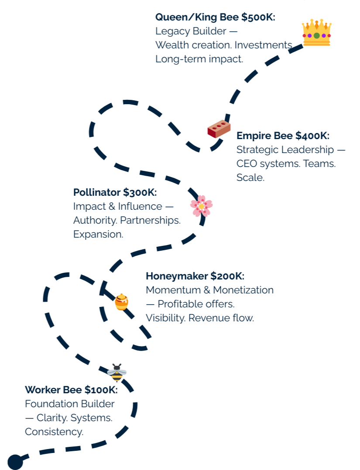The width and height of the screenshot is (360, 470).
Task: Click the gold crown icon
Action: [x=316, y=33]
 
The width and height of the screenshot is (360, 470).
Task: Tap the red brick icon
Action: [x=219, y=129]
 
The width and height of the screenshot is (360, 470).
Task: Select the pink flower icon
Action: [x=201, y=206]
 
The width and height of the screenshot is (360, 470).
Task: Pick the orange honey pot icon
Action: [x=122, y=302]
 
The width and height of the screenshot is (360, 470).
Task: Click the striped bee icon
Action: [x=117, y=372]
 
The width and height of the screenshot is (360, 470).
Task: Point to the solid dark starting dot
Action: [x=15, y=462]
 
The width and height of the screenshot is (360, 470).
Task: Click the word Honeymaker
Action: [x=176, y=276]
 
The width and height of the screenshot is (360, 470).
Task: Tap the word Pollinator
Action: [x=97, y=192]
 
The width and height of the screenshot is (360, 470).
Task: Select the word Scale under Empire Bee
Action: [x=250, y=177]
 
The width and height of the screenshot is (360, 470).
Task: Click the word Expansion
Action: [x=98, y=234]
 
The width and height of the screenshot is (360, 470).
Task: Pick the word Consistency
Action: [x=54, y=432]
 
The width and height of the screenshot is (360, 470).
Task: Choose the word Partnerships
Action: [x=150, y=220]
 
